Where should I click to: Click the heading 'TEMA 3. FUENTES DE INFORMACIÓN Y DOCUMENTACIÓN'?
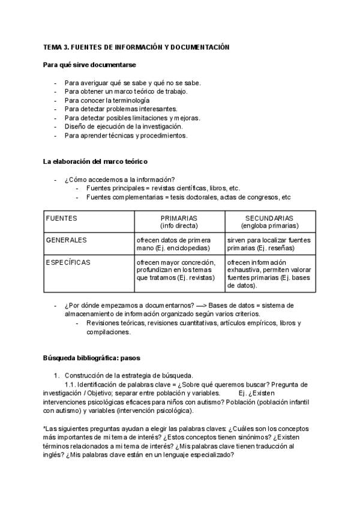click(136, 47)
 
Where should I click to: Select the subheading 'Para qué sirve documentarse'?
click(89, 64)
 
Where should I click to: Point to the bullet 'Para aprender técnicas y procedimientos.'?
click(126, 136)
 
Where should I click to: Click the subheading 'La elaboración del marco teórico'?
click(95, 161)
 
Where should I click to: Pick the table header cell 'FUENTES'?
click(62, 218)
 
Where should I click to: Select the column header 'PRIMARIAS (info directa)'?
click(179, 222)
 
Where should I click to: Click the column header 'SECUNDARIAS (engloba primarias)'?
click(269, 222)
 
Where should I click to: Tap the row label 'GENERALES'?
click(66, 240)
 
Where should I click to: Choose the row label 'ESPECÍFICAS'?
click(69, 262)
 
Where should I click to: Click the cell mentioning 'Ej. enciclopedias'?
click(179, 244)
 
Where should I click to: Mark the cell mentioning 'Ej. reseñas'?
click(269, 244)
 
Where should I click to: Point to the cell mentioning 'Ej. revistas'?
click(179, 270)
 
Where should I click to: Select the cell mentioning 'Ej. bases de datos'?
click(269, 274)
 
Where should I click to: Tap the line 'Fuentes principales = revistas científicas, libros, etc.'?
click(163, 188)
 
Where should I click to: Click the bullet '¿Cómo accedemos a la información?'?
click(119, 179)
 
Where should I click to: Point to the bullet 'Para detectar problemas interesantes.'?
click(121, 109)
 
